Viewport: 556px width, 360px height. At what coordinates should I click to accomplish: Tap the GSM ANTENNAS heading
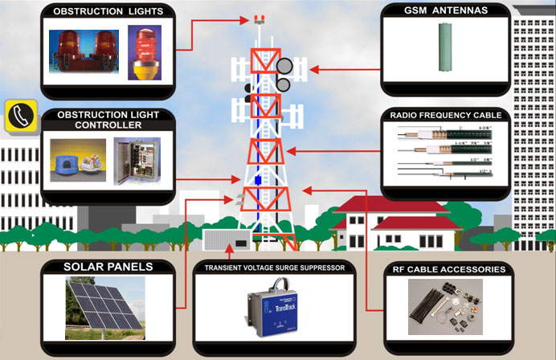(x=444, y=11)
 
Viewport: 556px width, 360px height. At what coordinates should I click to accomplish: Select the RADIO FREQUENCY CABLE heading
(x=445, y=116)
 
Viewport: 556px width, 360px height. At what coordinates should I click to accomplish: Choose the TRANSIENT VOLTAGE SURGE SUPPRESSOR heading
(x=274, y=268)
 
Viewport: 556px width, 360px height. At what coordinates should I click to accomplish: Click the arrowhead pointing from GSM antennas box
(x=311, y=69)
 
